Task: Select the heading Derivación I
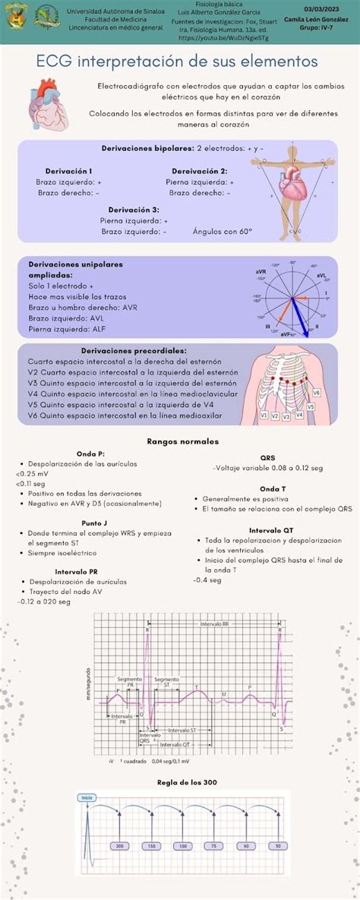click(68, 172)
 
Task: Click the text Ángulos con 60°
click(223, 232)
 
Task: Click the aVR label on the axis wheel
click(261, 271)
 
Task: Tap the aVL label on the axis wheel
click(321, 276)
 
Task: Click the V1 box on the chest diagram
click(264, 416)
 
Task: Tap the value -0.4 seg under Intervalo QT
click(207, 579)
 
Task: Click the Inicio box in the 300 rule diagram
click(87, 797)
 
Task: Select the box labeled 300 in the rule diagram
click(119, 845)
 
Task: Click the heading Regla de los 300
click(187, 782)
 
